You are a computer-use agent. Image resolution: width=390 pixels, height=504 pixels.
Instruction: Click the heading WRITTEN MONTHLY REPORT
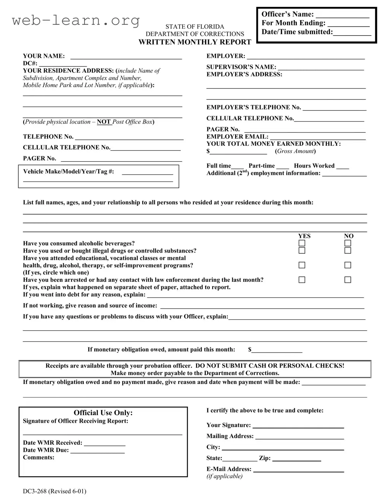[x=195, y=42]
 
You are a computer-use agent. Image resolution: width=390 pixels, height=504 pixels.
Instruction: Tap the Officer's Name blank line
[x=342, y=16]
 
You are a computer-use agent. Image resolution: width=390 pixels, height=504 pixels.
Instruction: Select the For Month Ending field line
[x=348, y=25]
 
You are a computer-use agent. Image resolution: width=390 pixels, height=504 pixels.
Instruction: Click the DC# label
[x=30, y=63]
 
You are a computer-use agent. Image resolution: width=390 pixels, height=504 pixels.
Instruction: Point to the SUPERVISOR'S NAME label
[x=241, y=67]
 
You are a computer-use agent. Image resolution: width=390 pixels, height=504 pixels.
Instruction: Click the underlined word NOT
[x=104, y=122]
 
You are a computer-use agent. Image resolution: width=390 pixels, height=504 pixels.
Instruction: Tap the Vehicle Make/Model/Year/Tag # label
[x=68, y=171]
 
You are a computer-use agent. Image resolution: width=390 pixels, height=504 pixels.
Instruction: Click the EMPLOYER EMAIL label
[x=237, y=136]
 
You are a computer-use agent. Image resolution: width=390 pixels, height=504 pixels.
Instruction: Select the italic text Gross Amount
[x=296, y=151]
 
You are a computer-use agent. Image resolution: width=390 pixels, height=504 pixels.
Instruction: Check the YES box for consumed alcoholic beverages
[x=302, y=243]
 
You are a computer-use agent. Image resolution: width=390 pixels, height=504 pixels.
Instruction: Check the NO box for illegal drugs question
[x=348, y=251]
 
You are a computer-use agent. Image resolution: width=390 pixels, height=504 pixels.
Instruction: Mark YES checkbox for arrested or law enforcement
[x=302, y=280]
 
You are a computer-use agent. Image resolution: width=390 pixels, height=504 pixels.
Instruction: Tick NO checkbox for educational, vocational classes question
[x=348, y=265]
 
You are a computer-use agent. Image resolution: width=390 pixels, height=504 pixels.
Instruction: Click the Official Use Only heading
[x=103, y=413]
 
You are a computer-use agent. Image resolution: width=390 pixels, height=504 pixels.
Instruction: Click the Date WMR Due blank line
[x=97, y=452]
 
